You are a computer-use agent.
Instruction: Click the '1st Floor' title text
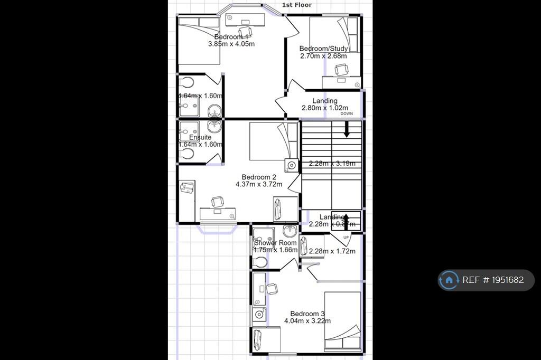[x=297, y=5]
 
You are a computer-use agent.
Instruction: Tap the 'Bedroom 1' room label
[x=231, y=37]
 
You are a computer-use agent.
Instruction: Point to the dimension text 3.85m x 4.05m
[x=231, y=44]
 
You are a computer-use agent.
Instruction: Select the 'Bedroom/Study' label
[x=323, y=49]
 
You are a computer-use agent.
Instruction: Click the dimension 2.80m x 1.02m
[x=324, y=108]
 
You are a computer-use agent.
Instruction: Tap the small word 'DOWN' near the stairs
[x=347, y=113]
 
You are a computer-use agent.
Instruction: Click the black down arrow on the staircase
[x=347, y=130]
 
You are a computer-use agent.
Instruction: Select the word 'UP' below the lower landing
[x=347, y=238]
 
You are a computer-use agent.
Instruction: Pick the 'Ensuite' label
[x=200, y=137]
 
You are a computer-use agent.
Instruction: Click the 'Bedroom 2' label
[x=259, y=177]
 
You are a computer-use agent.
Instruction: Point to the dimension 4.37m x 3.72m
[x=259, y=184]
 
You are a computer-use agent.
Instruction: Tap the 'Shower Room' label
[x=275, y=243]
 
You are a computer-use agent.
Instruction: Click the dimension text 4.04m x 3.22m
[x=307, y=320]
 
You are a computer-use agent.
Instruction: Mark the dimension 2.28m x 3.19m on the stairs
[x=332, y=163]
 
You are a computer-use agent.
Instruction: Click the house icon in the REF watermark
[x=449, y=280]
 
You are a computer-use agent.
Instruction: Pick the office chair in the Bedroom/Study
[x=342, y=69]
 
